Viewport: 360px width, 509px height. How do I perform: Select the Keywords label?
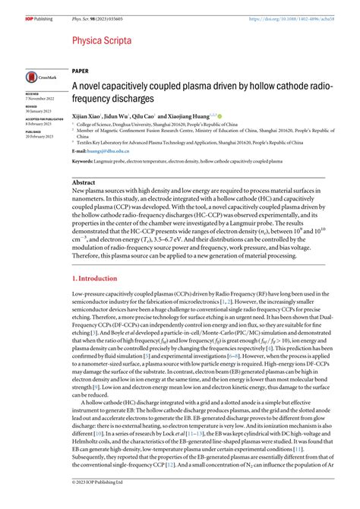(83, 162)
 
